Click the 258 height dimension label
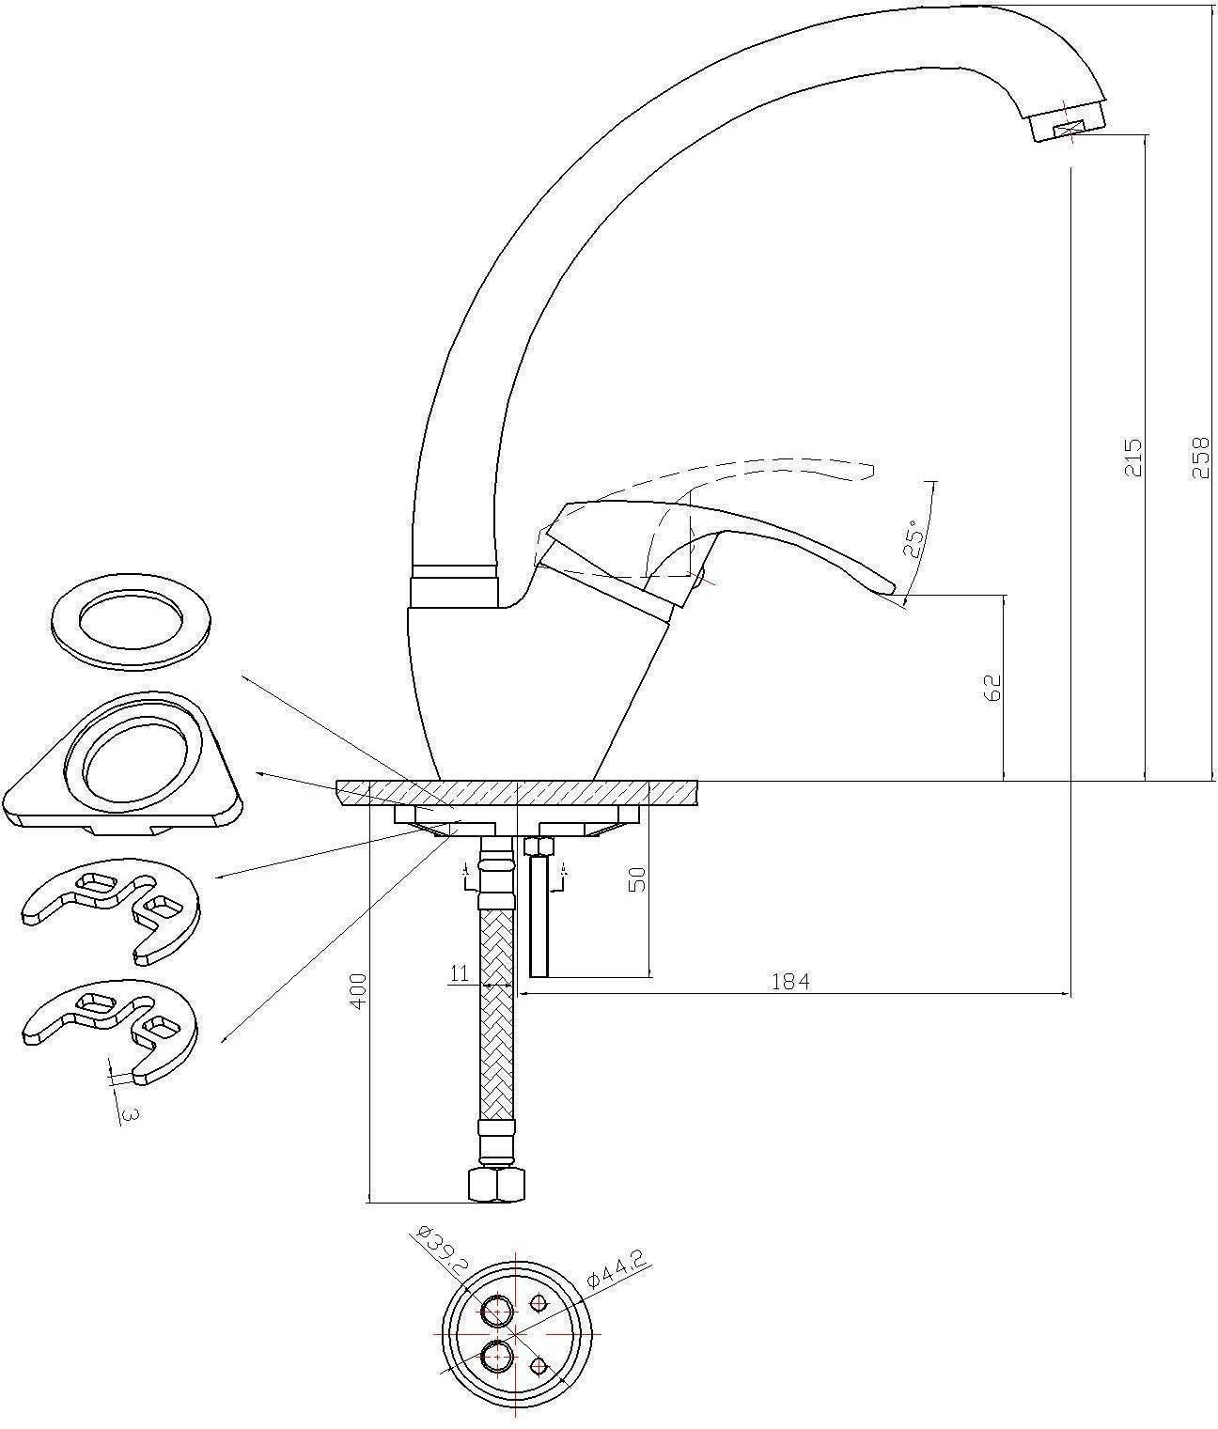1201,456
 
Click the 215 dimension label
1132,457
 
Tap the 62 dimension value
992,687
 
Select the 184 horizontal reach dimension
790,981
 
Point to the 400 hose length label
358,990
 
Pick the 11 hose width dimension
460,973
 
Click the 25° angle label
913,538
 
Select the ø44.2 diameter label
617,1266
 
